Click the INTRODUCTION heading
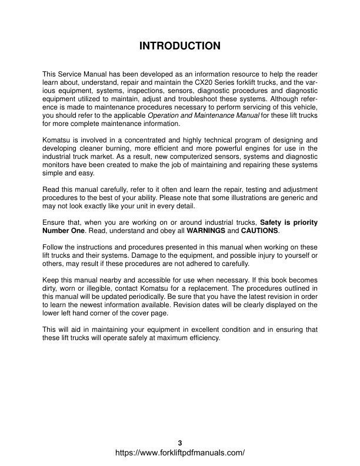pyautogui.click(x=180, y=45)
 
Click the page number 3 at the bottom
pyautogui.click(x=180, y=442)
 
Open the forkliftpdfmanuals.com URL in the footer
pyautogui.click(x=180, y=453)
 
